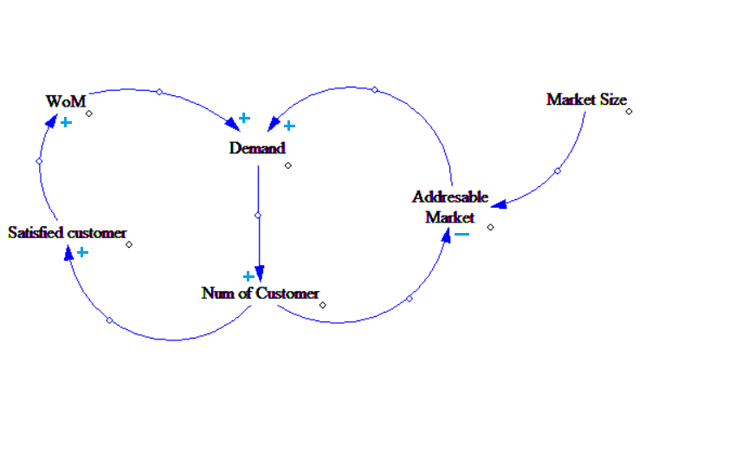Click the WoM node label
66,101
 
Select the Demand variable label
257,148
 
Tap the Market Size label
586,100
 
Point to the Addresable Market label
450,207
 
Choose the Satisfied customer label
68,233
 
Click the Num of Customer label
260,294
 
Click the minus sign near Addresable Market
462,233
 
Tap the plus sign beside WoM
66,123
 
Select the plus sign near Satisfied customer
82,252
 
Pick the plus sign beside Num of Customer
248,276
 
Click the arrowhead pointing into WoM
50,121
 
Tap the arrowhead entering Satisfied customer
68,251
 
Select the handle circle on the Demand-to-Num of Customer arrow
258,215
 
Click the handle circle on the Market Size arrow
557,171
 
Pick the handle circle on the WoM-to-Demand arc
158,91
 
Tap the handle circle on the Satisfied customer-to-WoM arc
39,160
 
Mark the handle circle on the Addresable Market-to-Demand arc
374,89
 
